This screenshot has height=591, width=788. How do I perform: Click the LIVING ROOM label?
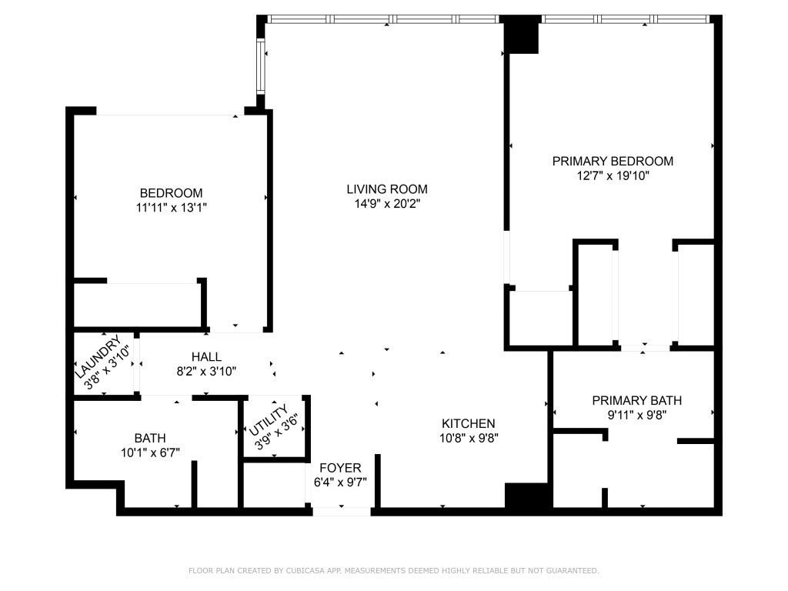tap(386, 189)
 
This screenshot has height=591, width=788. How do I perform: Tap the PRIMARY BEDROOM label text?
tap(613, 161)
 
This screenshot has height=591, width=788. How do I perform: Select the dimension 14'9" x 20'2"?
tap(386, 204)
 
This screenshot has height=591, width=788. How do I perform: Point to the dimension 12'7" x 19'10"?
tap(613, 175)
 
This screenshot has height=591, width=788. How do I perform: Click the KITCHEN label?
tap(468, 424)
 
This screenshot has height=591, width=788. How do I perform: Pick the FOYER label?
tap(340, 468)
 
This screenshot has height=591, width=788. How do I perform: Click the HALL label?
tap(206, 357)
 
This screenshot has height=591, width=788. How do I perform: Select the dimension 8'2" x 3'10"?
tap(206, 371)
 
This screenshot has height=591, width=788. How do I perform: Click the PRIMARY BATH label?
tap(636, 401)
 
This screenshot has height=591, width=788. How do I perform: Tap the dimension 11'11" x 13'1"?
tap(171, 207)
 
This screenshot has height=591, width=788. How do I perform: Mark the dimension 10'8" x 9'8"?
tap(468, 439)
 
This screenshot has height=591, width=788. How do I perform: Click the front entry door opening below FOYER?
tap(342, 511)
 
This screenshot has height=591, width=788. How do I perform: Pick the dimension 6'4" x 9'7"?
tap(340, 482)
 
